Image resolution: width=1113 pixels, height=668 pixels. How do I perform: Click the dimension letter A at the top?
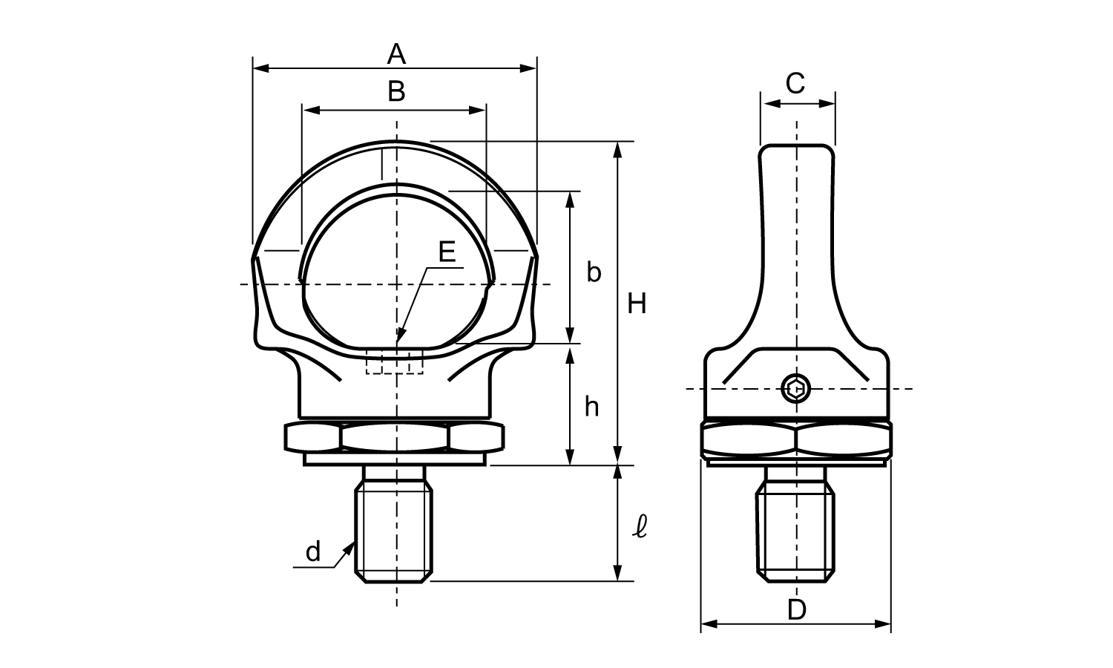(x=396, y=54)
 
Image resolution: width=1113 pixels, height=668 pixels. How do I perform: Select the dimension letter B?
(x=396, y=92)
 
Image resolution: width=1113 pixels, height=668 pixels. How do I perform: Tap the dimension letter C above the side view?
(x=795, y=83)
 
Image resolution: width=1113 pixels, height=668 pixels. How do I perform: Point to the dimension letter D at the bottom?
(x=797, y=610)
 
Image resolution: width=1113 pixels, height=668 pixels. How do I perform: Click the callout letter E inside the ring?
(x=447, y=252)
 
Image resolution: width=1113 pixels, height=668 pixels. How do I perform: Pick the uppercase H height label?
(x=637, y=304)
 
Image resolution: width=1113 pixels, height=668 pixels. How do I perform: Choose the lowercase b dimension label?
(x=594, y=272)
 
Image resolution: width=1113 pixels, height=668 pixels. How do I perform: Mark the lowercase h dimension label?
(x=591, y=407)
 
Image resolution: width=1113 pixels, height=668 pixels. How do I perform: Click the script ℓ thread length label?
(x=640, y=527)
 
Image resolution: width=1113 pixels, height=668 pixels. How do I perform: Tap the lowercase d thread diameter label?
(x=313, y=551)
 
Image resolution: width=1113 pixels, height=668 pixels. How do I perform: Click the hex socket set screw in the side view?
(x=796, y=389)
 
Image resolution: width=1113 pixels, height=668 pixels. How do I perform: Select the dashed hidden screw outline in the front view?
(x=395, y=361)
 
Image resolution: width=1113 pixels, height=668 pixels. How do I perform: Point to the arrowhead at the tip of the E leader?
(x=401, y=335)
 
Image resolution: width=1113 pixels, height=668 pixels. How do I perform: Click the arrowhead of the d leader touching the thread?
(x=349, y=549)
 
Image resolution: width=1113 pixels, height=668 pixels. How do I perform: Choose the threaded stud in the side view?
(x=795, y=524)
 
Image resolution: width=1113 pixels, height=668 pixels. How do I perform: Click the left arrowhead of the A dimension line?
(x=261, y=68)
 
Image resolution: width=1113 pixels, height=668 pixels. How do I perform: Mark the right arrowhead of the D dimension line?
(x=883, y=623)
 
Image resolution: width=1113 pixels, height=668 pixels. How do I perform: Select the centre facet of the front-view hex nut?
(x=395, y=437)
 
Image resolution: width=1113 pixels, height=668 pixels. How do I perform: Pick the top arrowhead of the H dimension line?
(x=617, y=150)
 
